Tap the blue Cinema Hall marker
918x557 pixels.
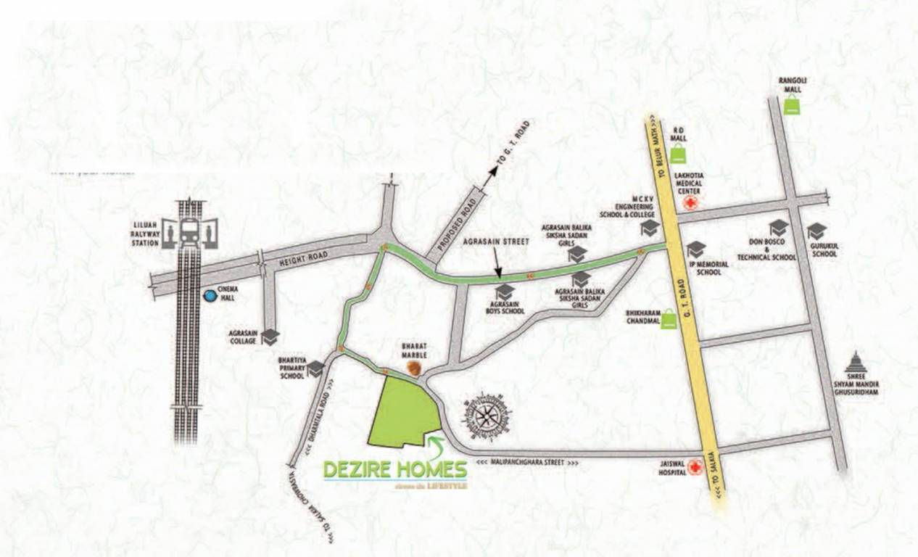coord(210,296)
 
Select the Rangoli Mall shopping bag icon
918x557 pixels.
coord(792,105)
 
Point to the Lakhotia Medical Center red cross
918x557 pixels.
coord(691,203)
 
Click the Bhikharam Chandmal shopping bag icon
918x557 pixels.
coord(669,320)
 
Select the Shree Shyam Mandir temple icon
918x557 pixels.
coord(856,363)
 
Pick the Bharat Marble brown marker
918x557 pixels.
coord(414,368)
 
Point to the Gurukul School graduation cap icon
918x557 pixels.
coord(816,231)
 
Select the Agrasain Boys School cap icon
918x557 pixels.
coord(505,292)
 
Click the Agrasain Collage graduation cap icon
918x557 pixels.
coord(270,337)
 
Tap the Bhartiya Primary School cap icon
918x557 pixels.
coord(315,369)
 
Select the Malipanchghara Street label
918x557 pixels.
coord(528,463)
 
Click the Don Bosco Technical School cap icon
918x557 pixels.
coord(778,228)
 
